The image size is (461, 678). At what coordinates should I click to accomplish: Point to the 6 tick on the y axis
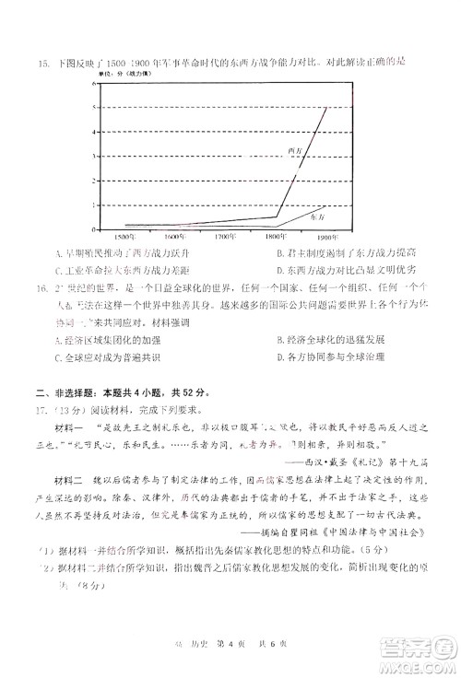tap(93, 84)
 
